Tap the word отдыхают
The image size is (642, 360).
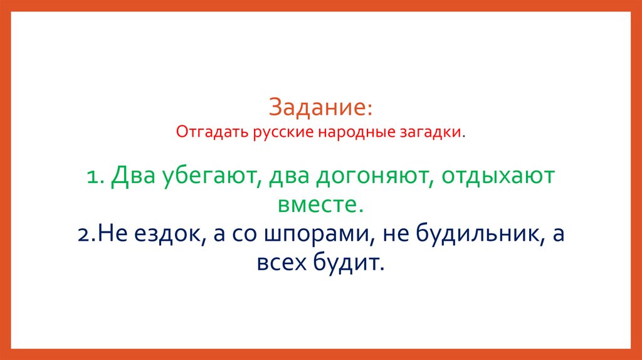tap(498, 177)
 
